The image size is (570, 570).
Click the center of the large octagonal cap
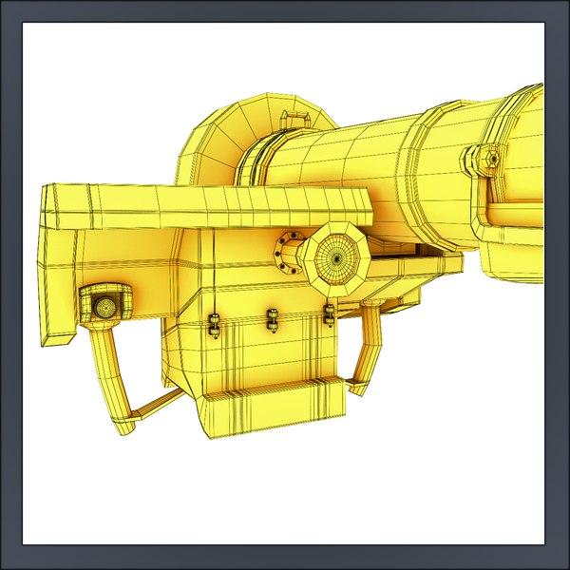pyautogui.click(x=334, y=256)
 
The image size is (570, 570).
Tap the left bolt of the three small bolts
pyautogui.click(x=215, y=325)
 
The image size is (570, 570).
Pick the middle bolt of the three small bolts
pyautogui.click(x=274, y=321)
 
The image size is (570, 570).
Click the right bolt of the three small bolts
pyautogui.click(x=330, y=314)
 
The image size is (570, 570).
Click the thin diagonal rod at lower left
pyautogui.click(x=152, y=404)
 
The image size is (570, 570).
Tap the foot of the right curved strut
pyautogui.click(x=358, y=386)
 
